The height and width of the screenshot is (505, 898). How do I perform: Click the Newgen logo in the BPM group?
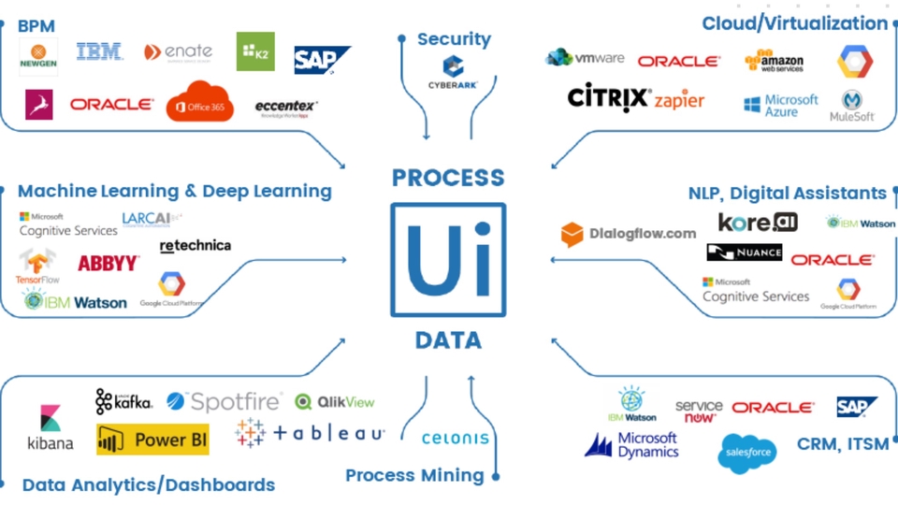(38, 57)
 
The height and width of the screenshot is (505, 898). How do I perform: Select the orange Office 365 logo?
(199, 103)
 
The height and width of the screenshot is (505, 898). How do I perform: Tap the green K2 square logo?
(255, 51)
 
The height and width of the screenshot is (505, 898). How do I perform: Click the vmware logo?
(585, 58)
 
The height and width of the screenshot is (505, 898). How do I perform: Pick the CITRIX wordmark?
(609, 98)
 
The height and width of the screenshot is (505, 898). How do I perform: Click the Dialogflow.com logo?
(629, 234)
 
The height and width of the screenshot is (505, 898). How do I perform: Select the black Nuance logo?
(744, 252)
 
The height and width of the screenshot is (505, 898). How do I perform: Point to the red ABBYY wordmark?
(109, 264)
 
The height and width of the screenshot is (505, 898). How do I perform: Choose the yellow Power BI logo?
(152, 440)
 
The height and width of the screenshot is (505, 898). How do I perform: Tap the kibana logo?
(50, 428)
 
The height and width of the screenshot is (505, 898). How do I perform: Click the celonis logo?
(455, 438)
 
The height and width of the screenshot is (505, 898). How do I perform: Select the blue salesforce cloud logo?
(746, 454)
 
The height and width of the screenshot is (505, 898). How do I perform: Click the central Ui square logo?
(448, 259)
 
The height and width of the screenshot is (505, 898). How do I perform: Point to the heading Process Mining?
(414, 475)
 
